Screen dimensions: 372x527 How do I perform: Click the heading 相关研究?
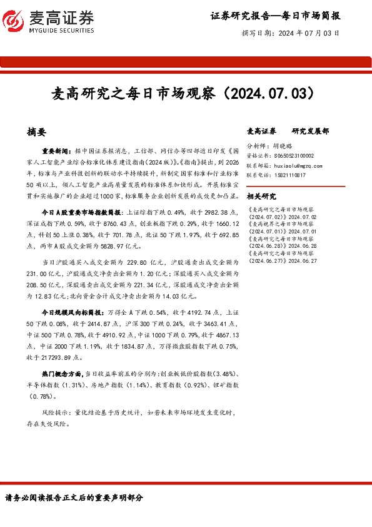(262, 197)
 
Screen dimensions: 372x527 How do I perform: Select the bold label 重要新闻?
(56, 151)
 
